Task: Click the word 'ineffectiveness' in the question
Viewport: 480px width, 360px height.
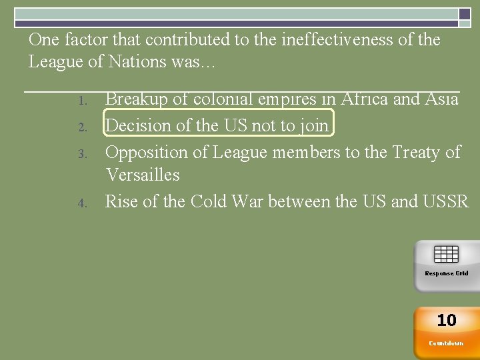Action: click(337, 40)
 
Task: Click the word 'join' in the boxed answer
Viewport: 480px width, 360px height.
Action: click(314, 126)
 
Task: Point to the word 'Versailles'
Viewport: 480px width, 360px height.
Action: click(143, 175)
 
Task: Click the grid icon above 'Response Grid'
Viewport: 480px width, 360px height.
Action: click(446, 254)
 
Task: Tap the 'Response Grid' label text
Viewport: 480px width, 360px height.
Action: click(446, 273)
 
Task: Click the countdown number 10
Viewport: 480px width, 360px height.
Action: click(446, 321)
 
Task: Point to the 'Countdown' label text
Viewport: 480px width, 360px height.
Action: click(446, 343)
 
